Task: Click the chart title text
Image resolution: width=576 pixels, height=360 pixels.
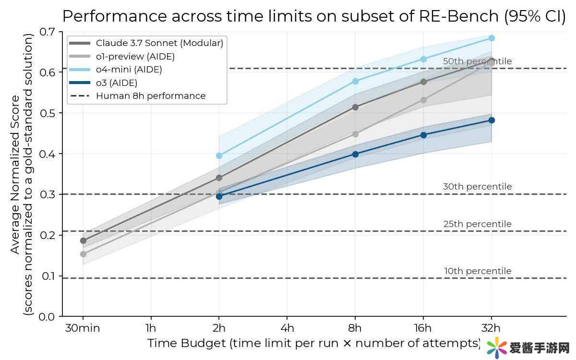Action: (x=314, y=16)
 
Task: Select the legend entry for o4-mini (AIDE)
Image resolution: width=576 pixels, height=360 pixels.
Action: (x=129, y=70)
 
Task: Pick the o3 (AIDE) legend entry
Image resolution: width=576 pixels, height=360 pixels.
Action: (x=117, y=83)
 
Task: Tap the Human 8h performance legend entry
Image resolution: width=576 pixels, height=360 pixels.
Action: (x=151, y=96)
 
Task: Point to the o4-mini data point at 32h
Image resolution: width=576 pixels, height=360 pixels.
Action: (x=491, y=38)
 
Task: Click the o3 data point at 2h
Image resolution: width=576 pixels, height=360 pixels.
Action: (x=219, y=196)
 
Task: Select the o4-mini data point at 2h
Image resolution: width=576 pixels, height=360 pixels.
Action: (x=219, y=156)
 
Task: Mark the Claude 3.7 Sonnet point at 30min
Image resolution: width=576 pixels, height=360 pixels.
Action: (x=83, y=240)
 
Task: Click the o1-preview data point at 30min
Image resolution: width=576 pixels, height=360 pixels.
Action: (x=83, y=254)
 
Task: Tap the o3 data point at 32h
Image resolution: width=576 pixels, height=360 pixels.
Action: (x=491, y=120)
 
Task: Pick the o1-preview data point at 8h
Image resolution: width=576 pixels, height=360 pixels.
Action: (x=355, y=134)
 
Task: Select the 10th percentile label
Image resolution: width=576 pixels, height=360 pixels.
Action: (x=477, y=271)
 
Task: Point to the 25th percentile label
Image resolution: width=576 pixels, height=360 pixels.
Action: (x=477, y=224)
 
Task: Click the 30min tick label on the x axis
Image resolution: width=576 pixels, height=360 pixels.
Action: (x=83, y=328)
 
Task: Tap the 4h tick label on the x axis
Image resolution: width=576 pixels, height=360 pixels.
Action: (x=287, y=328)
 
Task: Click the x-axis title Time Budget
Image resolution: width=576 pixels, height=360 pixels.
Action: (x=314, y=343)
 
